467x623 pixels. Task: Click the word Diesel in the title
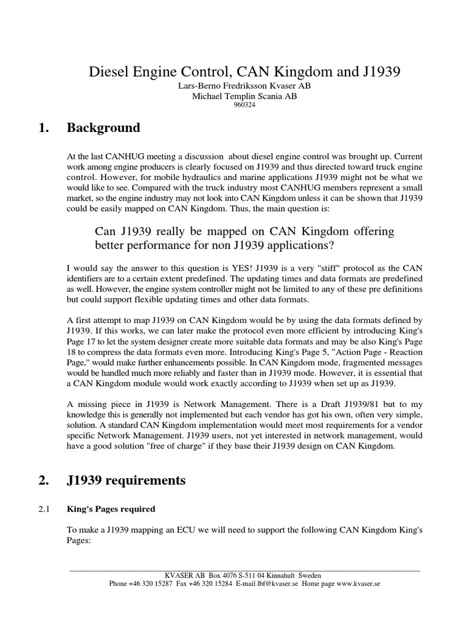point(106,72)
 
